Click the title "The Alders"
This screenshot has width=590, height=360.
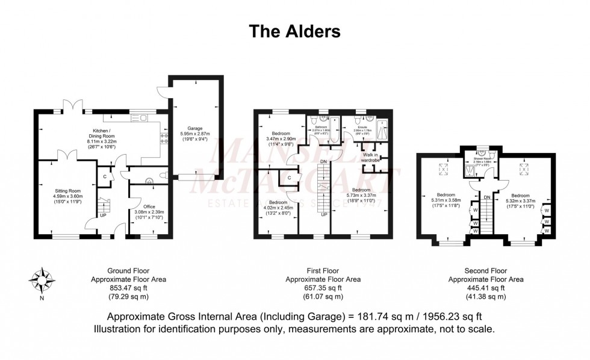coord(295,31)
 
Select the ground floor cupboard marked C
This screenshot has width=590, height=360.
coord(105,176)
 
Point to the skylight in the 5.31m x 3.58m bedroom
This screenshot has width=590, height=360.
coord(445,170)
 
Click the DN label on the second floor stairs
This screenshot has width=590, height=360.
coord(487,196)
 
